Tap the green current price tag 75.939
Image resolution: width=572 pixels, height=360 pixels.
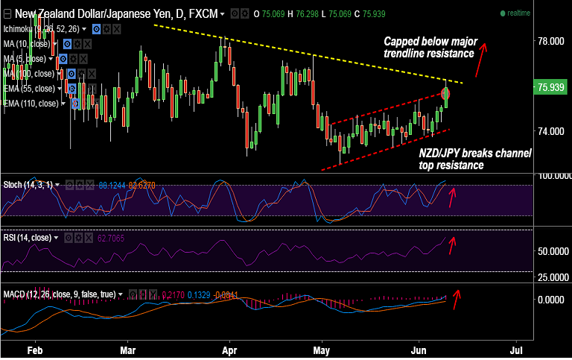pos(551,88)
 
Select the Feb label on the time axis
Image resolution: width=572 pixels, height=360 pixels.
pos(35,349)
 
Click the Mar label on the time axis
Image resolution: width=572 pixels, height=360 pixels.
pos(128,349)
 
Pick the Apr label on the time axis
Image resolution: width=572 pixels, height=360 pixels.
pos(229,349)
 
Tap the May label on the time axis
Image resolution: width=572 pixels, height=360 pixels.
pos(322,349)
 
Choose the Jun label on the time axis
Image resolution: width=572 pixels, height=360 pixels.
pos(422,349)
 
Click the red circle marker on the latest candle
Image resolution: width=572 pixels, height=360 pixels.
pos(446,94)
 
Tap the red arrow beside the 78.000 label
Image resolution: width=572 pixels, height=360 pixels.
pos(484,53)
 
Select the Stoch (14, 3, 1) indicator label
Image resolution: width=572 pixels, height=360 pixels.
pos(28,184)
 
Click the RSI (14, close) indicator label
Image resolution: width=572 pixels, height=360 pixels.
pos(27,237)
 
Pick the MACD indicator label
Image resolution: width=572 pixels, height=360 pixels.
pos(60,294)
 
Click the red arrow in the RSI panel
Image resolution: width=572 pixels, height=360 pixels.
pos(456,242)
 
